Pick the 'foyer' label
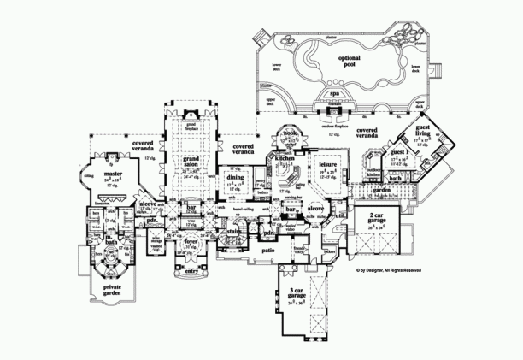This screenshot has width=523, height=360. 191,242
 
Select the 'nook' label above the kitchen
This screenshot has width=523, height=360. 290,134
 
